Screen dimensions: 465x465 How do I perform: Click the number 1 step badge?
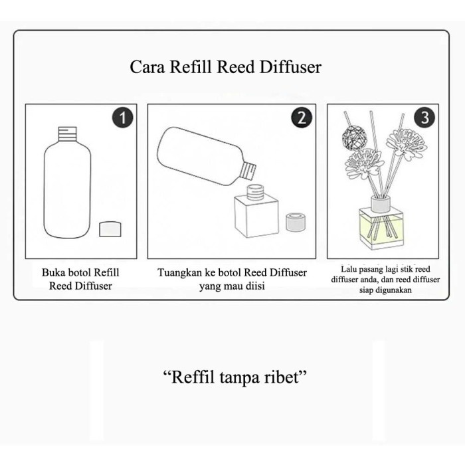pyautogui.click(x=122, y=118)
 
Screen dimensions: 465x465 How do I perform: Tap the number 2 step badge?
pyautogui.click(x=302, y=118)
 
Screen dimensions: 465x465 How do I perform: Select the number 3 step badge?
pyautogui.click(x=424, y=118)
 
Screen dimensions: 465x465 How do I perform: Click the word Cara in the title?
pyautogui.click(x=147, y=66)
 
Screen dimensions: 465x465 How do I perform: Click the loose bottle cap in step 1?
pyautogui.click(x=110, y=229)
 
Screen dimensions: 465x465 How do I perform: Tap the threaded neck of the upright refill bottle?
pyautogui.click(x=67, y=134)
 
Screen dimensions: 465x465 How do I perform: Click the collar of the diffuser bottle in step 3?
pyautogui.click(x=381, y=204)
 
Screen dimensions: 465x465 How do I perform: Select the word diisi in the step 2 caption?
pyautogui.click(x=256, y=286)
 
